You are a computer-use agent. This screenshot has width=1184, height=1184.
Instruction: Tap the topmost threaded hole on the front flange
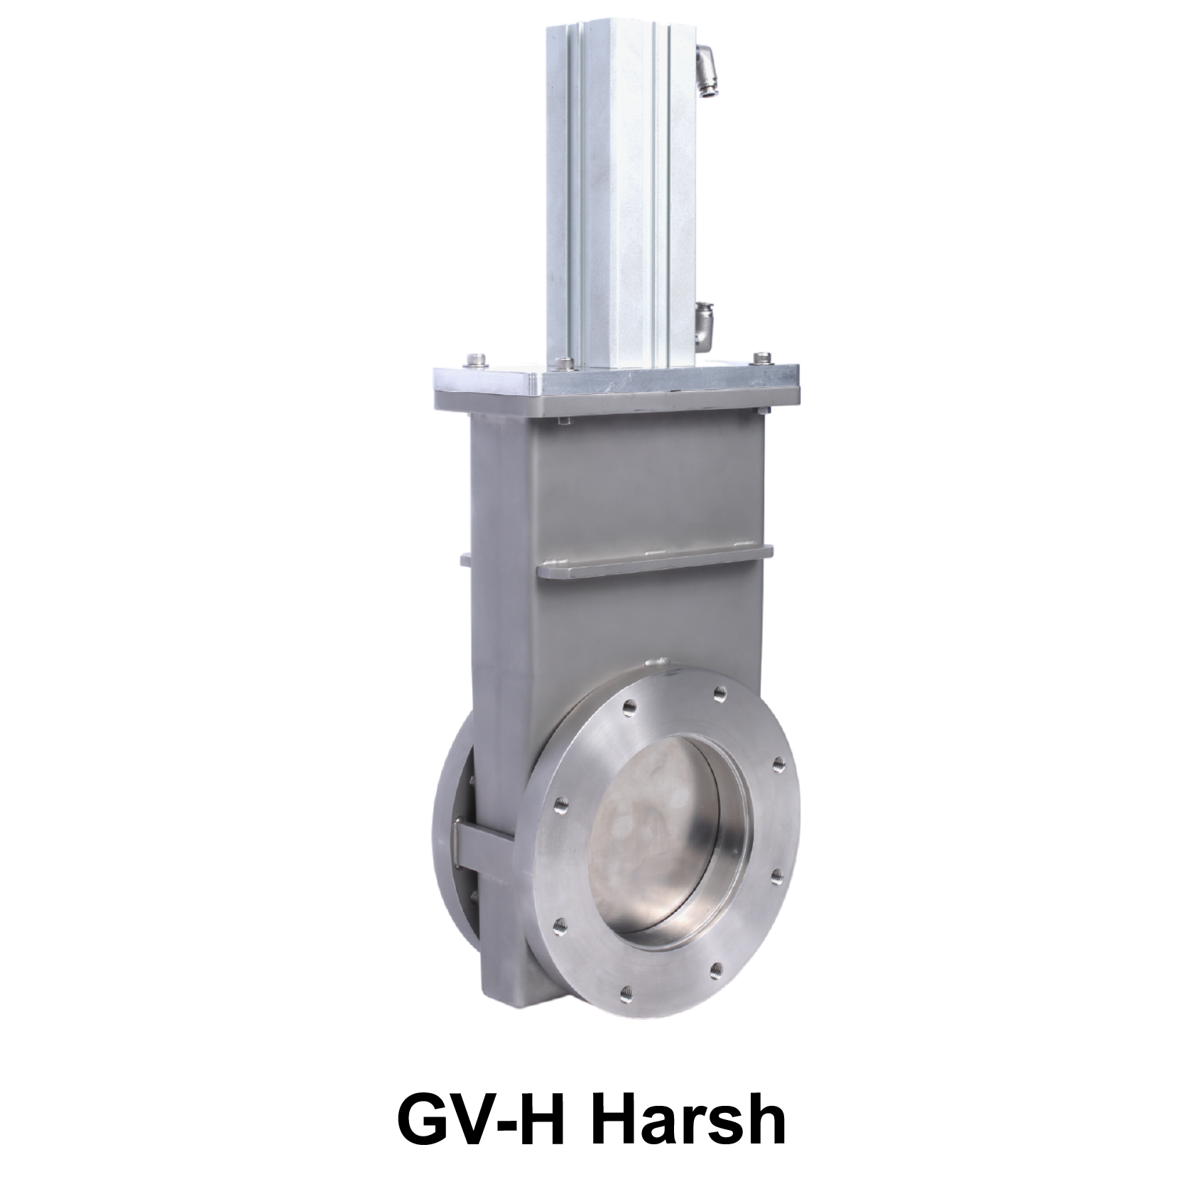(x=719, y=691)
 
